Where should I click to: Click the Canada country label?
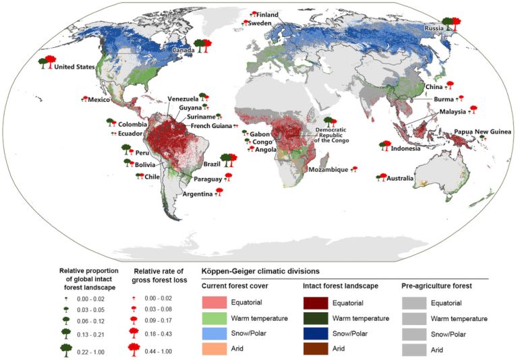coord(183,51)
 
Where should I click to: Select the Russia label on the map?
coord(434,28)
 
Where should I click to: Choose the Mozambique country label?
coord(328,170)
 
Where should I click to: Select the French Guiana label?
coord(211,126)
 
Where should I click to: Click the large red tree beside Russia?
coord(456,24)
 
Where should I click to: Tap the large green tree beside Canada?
coord(198,45)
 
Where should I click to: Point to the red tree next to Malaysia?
coord(473,108)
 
